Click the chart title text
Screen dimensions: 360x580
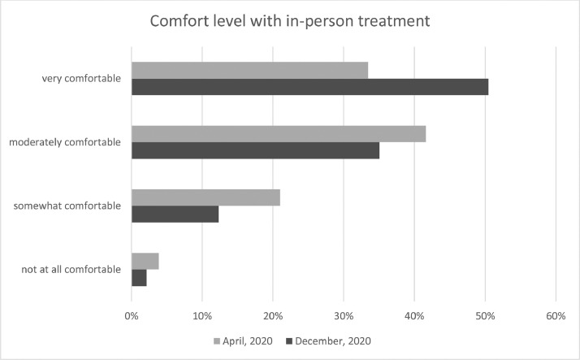pyautogui.click(x=289, y=22)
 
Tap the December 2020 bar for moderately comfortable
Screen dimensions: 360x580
pyautogui.click(x=255, y=150)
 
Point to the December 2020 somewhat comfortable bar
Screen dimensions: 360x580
pyautogui.click(x=175, y=214)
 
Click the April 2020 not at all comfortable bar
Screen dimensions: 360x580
pyautogui.click(x=145, y=261)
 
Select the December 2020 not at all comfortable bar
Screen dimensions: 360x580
pyautogui.click(x=139, y=277)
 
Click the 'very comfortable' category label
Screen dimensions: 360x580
pyautogui.click(x=82, y=79)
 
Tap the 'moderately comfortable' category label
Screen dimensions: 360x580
pyautogui.click(x=65, y=142)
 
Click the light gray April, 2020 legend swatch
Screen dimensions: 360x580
pyautogui.click(x=217, y=339)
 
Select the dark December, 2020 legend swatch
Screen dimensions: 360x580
pyautogui.click(x=292, y=339)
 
